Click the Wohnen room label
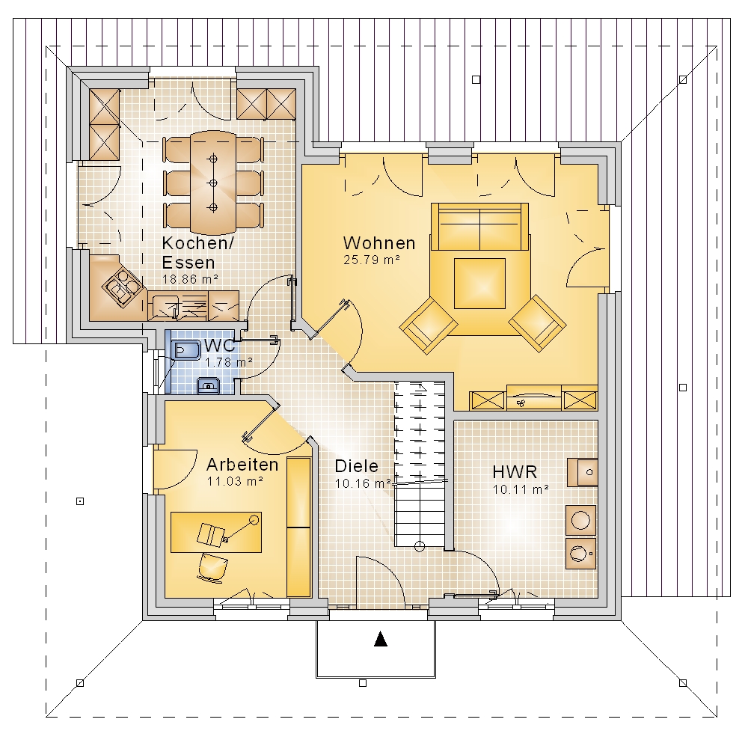[x=379, y=243]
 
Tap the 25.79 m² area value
[x=371, y=260]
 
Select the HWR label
[x=515, y=472]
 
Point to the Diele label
[x=356, y=466]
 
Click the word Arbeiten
[x=242, y=464]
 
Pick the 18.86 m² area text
[x=190, y=279]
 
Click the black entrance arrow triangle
[x=380, y=638]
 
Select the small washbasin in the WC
[x=209, y=385]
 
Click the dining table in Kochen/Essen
[x=212, y=183]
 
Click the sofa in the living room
[x=479, y=227]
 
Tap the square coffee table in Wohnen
[x=479, y=284]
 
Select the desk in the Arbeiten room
[x=216, y=532]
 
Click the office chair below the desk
[x=212, y=568]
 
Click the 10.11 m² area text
[x=521, y=489]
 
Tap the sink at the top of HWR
[x=583, y=473]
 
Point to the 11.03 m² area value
[x=235, y=481]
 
